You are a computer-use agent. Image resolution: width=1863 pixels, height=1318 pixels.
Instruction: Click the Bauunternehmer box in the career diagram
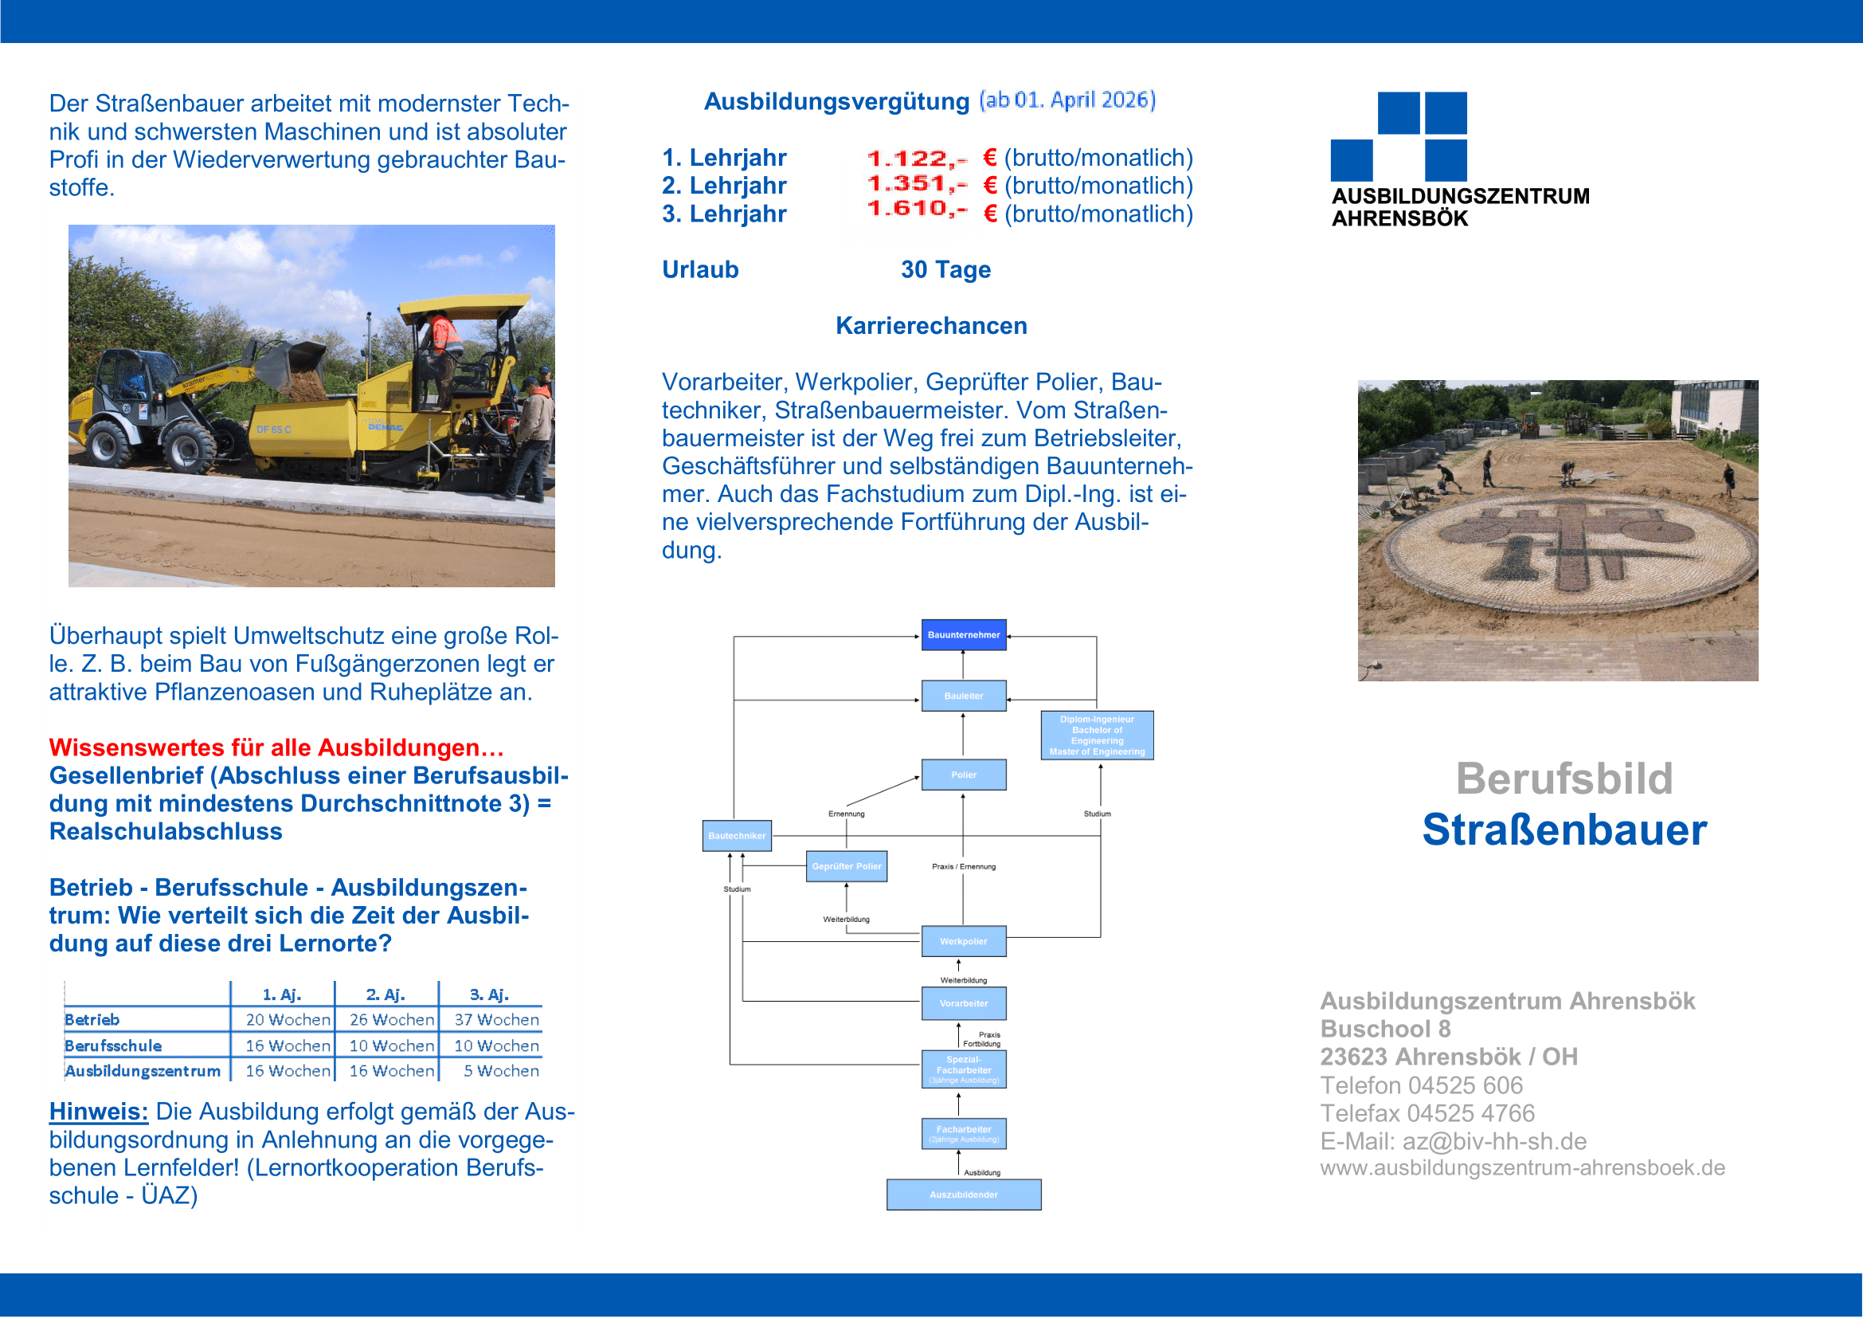(x=963, y=634)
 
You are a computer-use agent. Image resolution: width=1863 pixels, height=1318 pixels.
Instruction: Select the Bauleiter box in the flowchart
(x=963, y=696)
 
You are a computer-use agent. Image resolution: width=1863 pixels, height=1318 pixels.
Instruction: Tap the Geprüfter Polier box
(x=847, y=866)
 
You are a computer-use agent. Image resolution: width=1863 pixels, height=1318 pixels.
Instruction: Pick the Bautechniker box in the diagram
(x=736, y=835)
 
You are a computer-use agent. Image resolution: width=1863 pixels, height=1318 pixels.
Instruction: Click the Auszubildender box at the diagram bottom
(x=963, y=1194)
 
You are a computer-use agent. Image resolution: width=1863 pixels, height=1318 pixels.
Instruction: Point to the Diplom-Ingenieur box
(x=1096, y=735)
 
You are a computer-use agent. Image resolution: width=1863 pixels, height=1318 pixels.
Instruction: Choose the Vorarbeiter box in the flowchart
(x=963, y=1003)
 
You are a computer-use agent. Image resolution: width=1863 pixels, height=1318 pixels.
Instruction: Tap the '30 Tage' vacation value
(x=945, y=269)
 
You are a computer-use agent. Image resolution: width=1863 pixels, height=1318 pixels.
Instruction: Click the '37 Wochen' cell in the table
(x=495, y=1019)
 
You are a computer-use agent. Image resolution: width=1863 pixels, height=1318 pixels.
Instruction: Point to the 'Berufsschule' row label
(x=113, y=1045)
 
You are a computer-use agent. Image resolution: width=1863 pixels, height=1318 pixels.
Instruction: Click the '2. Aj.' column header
(x=386, y=994)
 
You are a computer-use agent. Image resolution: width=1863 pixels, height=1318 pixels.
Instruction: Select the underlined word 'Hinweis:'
(x=98, y=1111)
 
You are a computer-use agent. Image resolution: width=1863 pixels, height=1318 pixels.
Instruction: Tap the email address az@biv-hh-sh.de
(x=1493, y=1141)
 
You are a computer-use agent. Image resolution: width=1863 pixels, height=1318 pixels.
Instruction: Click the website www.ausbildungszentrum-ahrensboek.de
(x=1521, y=1167)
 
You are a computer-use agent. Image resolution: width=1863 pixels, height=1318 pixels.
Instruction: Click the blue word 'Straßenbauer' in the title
(x=1564, y=830)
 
